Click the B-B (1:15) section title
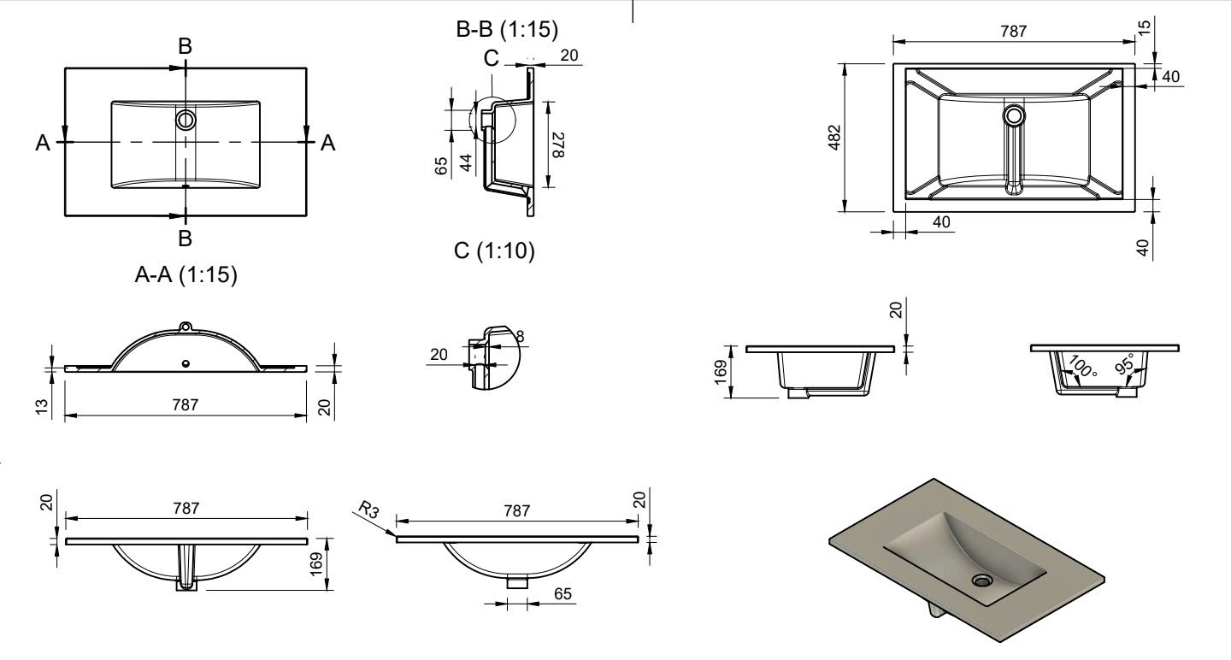[508, 31]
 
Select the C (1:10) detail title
[495, 251]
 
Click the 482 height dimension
[834, 137]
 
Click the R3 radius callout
[368, 512]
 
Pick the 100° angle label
[1081, 368]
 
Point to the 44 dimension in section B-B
[467, 162]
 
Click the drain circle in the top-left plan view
[186, 120]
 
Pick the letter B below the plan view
[186, 236]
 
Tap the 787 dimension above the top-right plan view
[1014, 32]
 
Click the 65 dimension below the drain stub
[562, 593]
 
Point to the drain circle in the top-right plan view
[1014, 115]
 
